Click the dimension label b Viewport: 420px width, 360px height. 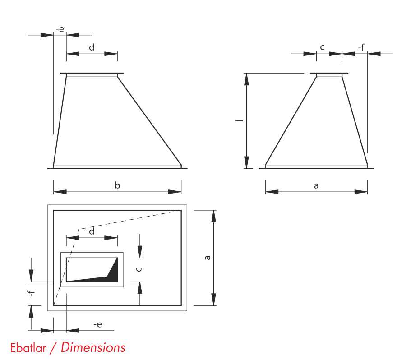pos(117,185)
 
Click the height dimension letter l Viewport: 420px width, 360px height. pos(240,121)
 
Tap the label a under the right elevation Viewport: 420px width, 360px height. pos(316,185)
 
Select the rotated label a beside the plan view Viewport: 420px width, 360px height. pos(207,258)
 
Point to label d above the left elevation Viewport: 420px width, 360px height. pos(92,47)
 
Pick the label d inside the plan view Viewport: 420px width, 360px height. pos(92,231)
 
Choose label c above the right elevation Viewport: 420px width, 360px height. pos(322,47)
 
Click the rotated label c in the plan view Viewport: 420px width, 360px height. pos(139,269)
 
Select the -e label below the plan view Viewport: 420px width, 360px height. pos(97,324)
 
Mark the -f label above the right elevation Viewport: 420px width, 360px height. pos(361,47)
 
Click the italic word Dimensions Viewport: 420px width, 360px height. pos(93,347)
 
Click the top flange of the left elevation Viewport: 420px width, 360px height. pos(92,74)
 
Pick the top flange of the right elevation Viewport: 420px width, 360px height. pos(329,74)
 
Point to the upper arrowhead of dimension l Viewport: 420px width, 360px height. pos(246,79)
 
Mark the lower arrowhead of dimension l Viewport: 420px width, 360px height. pos(246,162)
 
